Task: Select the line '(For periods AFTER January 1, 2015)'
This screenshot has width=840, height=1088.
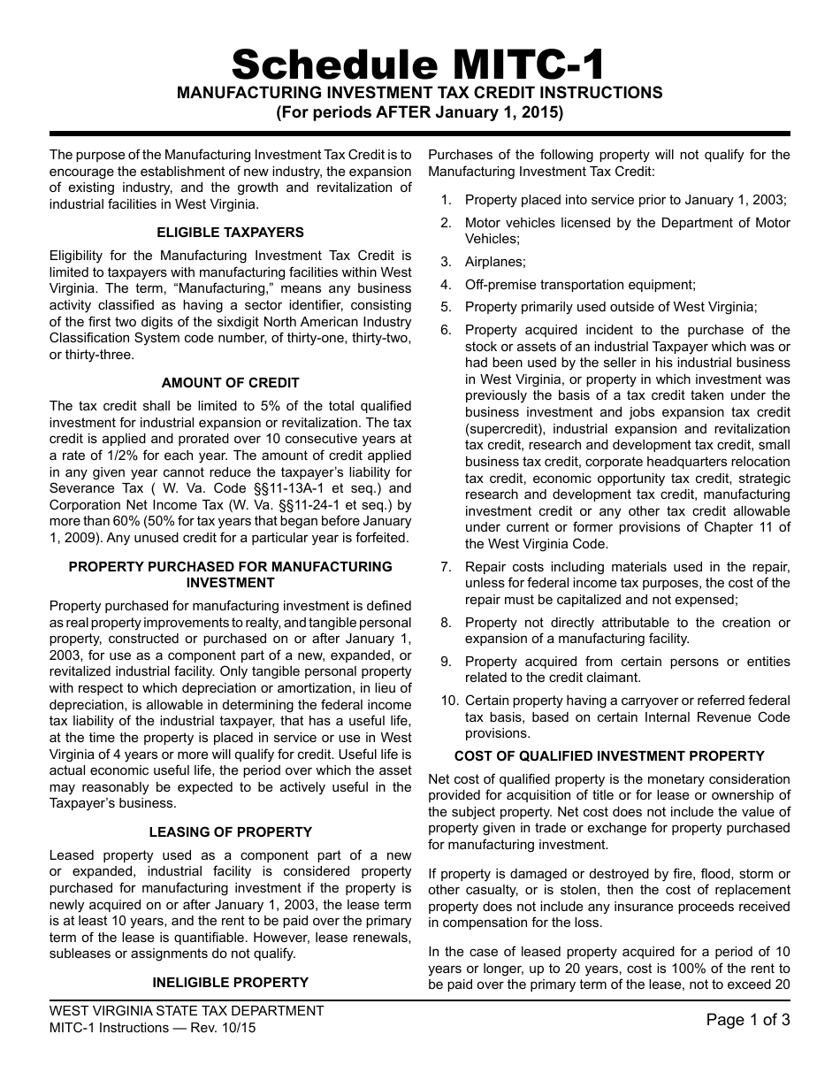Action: point(419,112)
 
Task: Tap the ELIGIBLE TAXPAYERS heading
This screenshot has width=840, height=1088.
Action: point(230,233)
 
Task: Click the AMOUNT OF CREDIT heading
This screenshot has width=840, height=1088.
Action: point(230,383)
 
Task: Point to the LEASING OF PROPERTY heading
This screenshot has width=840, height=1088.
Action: point(230,832)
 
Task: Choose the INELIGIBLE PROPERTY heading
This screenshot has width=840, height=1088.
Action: point(230,982)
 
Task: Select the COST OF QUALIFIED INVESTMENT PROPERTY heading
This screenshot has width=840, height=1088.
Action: point(609,756)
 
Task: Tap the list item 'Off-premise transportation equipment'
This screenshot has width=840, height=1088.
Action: point(580,285)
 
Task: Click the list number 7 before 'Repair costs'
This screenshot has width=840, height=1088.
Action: point(446,567)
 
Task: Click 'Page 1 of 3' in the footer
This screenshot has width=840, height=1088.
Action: point(748,1020)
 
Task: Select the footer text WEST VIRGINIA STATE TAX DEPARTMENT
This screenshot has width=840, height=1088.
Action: point(187,1011)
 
